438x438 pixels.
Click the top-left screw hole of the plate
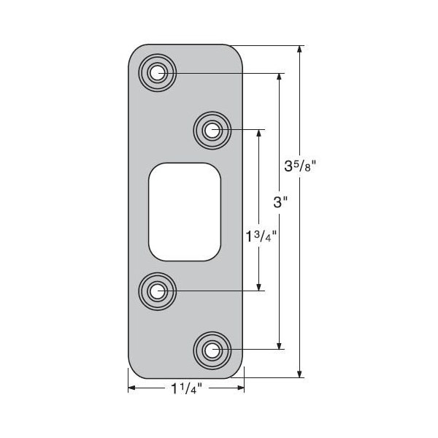[x=158, y=72]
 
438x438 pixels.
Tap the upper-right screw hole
[x=212, y=130]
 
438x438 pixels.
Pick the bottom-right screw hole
[x=212, y=350]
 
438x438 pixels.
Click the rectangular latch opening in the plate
[x=185, y=212]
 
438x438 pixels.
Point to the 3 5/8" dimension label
[x=299, y=166]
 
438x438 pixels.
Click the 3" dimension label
[x=278, y=202]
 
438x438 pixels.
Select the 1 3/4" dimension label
[x=261, y=237]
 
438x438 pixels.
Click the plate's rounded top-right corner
[x=236, y=53]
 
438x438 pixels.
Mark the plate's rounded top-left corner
[x=136, y=53]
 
